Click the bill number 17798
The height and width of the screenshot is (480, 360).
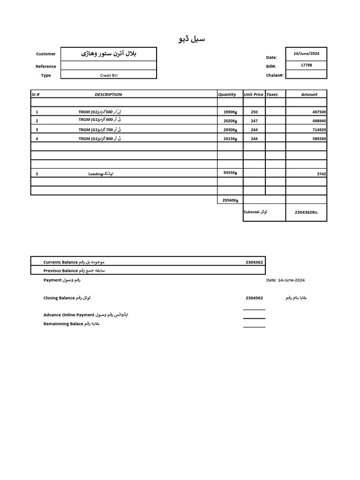tap(306, 65)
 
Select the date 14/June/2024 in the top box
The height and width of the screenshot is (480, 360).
tap(306, 53)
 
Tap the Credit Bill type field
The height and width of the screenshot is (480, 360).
tap(109, 75)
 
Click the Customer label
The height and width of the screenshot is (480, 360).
tap(46, 54)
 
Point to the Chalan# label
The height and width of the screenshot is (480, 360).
tap(275, 75)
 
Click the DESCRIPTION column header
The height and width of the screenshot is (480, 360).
tap(108, 94)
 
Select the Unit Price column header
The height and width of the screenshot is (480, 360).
tap(254, 94)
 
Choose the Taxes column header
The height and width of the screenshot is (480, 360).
tap(272, 94)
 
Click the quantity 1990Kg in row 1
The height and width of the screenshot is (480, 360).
tap(230, 112)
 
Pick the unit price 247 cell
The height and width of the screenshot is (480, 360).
tap(254, 120)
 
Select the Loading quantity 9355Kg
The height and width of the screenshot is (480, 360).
tap(230, 172)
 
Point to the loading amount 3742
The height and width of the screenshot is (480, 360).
tap(321, 174)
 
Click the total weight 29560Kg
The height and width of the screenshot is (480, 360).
tap(230, 200)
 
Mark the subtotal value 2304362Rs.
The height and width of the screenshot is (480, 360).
tap(307, 212)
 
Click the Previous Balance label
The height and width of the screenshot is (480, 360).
tap(60, 270)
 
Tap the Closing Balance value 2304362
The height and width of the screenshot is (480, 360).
tap(254, 298)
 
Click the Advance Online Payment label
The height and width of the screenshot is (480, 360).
tap(69, 315)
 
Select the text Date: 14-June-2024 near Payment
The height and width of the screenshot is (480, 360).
tap(285, 280)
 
